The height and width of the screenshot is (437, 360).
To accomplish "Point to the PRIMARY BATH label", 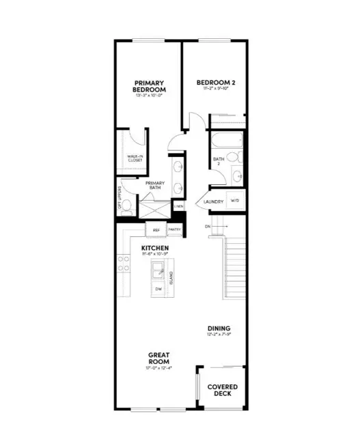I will (152, 186).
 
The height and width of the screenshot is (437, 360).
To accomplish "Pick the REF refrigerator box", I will (156, 231).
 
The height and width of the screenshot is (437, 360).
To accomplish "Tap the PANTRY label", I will (174, 231).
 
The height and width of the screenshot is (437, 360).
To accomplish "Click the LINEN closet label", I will (178, 206).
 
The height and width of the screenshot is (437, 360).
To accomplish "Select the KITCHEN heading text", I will (154, 248).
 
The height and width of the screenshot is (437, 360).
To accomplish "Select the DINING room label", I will (219, 328).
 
